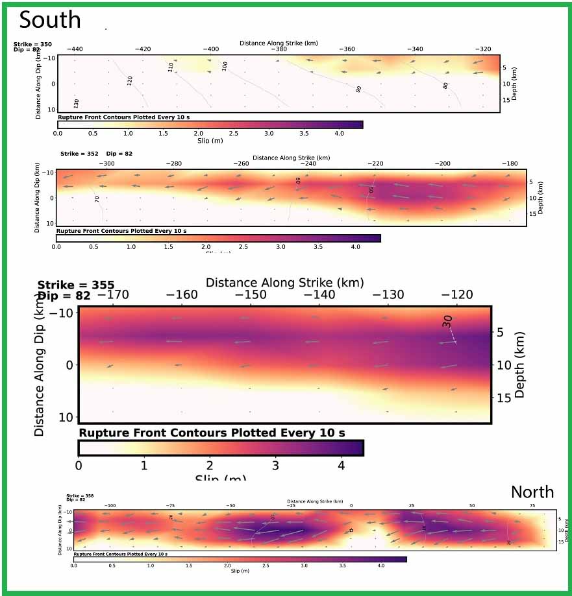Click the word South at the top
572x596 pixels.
50,20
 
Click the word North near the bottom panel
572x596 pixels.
532,492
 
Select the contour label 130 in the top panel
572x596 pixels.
77,103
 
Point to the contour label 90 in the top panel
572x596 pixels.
358,89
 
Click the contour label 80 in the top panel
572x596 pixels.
445,85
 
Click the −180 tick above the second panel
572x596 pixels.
510,163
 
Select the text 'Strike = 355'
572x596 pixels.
76,285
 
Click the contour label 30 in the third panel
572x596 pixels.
448,321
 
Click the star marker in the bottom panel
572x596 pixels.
351,530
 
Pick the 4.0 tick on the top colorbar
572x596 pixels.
338,132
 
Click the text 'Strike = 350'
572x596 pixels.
32,44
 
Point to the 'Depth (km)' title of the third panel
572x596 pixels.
519,365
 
